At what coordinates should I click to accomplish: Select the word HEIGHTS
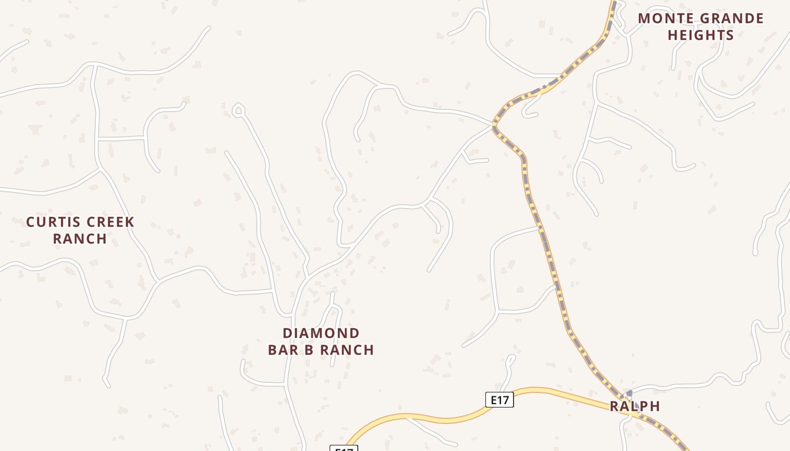(701, 35)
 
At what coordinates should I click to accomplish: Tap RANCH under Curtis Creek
(80, 238)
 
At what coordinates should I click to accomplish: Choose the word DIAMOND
(321, 333)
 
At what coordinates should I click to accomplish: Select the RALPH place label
(635, 406)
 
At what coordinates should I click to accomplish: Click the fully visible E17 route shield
(500, 400)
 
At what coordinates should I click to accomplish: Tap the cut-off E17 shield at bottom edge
(344, 448)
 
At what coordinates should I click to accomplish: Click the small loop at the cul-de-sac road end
(238, 110)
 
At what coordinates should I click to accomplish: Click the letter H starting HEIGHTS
(673, 35)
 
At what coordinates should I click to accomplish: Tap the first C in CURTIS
(30, 222)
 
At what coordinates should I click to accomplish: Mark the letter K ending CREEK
(130, 222)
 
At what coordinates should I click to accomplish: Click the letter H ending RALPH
(655, 406)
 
